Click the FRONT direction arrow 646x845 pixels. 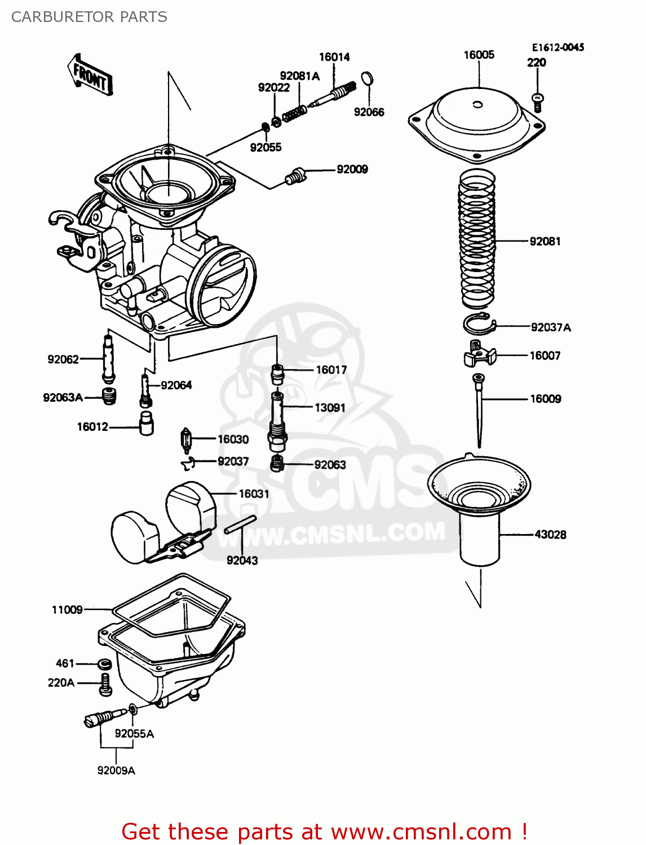pyautogui.click(x=90, y=74)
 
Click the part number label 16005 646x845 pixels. pyautogui.click(x=479, y=55)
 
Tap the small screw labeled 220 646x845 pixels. pyautogui.click(x=538, y=102)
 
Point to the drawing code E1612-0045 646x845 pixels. pyautogui.click(x=557, y=47)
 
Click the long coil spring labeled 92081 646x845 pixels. pyautogui.click(x=477, y=239)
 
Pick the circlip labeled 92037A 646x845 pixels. pyautogui.click(x=479, y=324)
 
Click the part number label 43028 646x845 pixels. pyautogui.click(x=550, y=534)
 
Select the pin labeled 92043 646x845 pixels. pyautogui.click(x=240, y=524)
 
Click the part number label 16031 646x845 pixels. pyautogui.click(x=254, y=493)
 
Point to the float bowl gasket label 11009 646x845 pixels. pyautogui.click(x=67, y=610)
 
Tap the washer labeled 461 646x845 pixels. pyautogui.click(x=104, y=663)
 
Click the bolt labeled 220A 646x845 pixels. pyautogui.click(x=105, y=683)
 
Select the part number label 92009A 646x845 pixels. pyautogui.click(x=116, y=770)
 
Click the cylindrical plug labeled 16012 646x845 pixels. pyautogui.click(x=147, y=423)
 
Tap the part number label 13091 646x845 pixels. pyautogui.click(x=330, y=407)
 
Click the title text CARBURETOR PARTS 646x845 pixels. pyautogui.click(x=89, y=17)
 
